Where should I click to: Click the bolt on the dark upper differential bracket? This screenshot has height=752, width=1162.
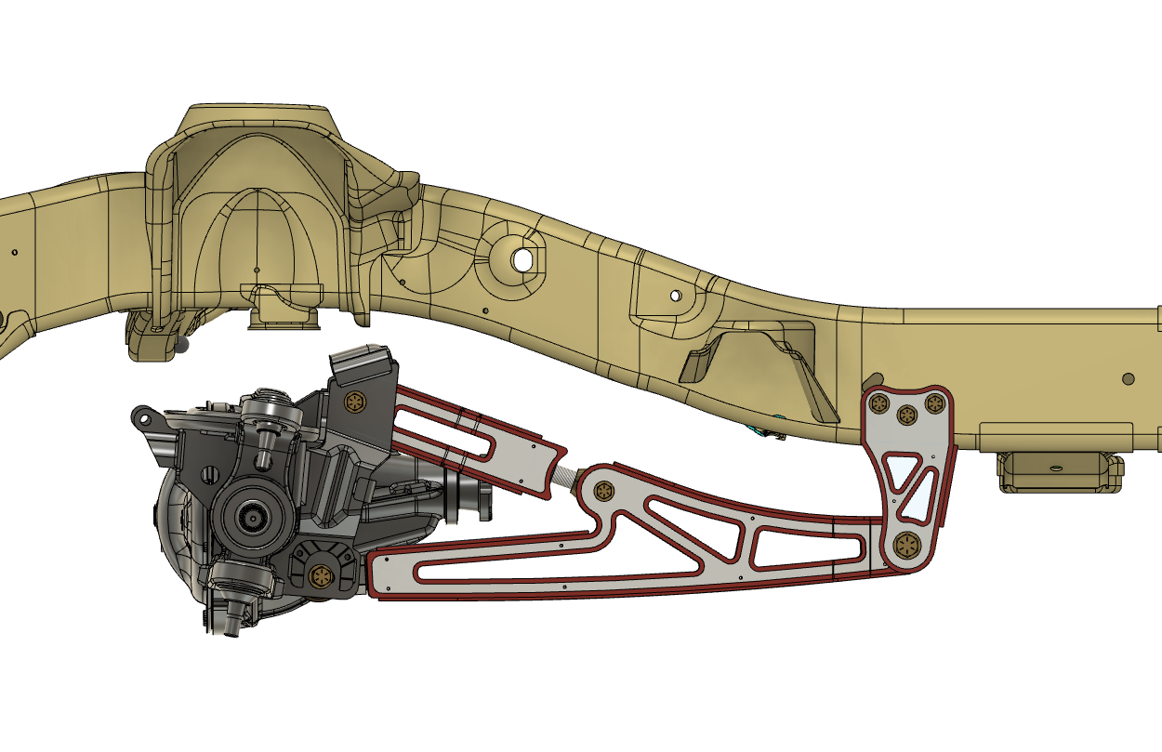click(354, 402)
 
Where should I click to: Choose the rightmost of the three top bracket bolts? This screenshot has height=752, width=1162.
click(933, 404)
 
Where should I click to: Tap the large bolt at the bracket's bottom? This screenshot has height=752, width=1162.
click(905, 547)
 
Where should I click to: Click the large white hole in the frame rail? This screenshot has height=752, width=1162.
click(523, 259)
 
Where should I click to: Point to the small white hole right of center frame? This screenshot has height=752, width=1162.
click(676, 296)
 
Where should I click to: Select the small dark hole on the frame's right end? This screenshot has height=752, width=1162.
click(1128, 378)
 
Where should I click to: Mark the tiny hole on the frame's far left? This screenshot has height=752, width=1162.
click(15, 251)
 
